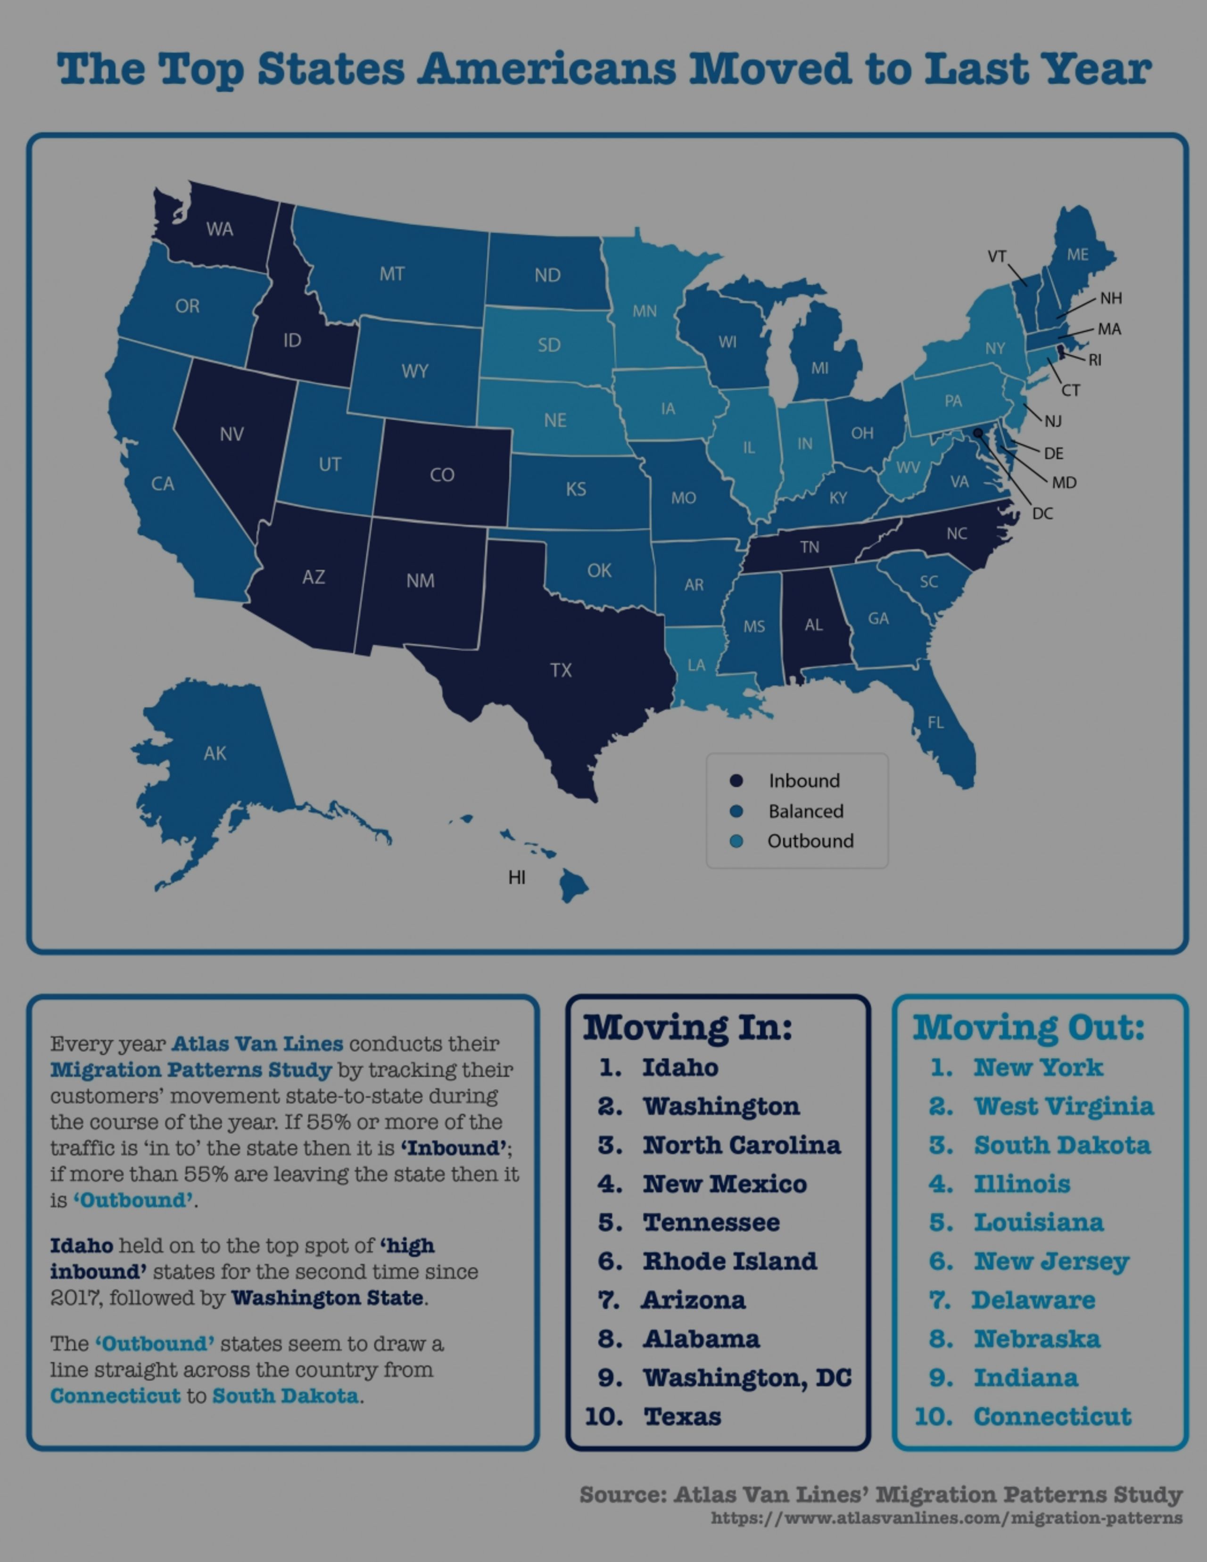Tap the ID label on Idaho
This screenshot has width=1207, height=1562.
[x=292, y=340]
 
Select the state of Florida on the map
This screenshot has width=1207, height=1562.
[x=944, y=737]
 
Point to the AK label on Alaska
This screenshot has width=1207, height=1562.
[x=215, y=753]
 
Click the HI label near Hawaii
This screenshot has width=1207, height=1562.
[x=517, y=878]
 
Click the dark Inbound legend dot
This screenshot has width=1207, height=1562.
[x=736, y=781]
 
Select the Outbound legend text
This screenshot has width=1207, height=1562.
[x=810, y=841]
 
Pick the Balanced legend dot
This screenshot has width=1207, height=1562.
[x=736, y=811]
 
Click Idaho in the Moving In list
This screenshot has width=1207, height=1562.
[x=680, y=1068]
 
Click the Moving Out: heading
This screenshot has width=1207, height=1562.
[x=1028, y=1028]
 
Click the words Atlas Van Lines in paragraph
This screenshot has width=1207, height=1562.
[x=257, y=1044]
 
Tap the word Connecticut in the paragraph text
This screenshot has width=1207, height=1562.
[x=115, y=1396]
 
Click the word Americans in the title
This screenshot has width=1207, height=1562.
[x=546, y=69]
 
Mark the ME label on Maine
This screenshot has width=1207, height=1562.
[x=1077, y=255]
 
